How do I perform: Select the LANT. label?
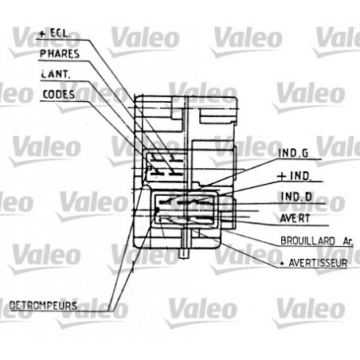(53, 75)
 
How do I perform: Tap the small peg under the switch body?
(185, 254)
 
